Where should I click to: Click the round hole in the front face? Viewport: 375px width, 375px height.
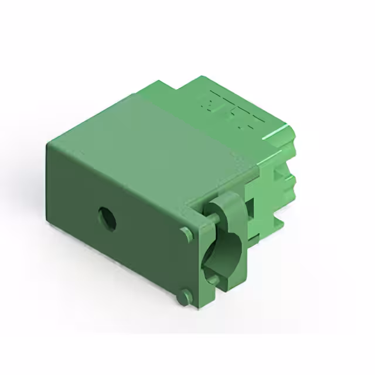107,218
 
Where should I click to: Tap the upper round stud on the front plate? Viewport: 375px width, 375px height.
187,234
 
